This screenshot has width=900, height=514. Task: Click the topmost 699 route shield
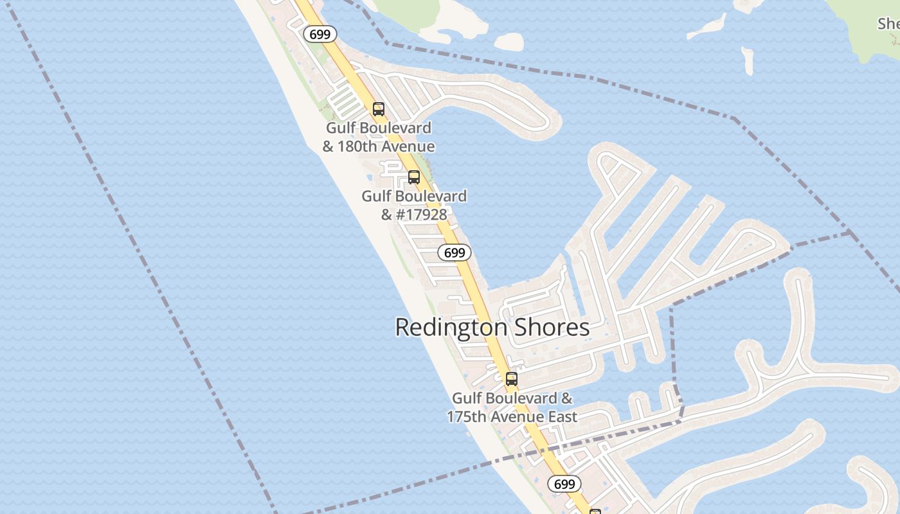click(x=319, y=34)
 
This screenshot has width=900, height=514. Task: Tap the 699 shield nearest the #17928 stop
click(x=455, y=253)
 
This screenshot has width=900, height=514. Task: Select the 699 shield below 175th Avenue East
click(x=564, y=484)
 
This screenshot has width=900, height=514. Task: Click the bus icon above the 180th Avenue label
click(x=379, y=109)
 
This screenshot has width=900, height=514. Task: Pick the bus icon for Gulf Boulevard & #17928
click(x=414, y=177)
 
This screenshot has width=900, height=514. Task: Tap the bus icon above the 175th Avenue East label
click(x=512, y=379)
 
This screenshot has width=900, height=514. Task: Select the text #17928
click(x=421, y=214)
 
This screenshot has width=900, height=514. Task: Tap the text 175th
click(x=467, y=416)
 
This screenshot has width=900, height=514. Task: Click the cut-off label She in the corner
click(x=888, y=24)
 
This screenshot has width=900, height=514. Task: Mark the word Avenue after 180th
click(x=409, y=146)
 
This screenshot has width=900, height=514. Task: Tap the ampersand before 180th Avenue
click(x=328, y=146)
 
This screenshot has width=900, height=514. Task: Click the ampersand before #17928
click(x=387, y=214)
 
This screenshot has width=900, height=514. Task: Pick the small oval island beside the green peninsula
click(x=509, y=42)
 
